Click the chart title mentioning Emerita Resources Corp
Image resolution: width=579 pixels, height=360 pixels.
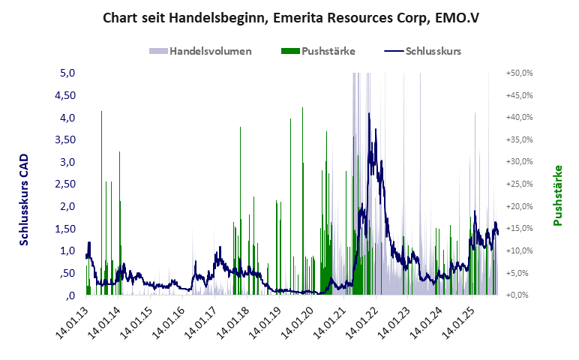(289, 18)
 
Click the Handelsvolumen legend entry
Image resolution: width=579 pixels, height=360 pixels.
(200, 51)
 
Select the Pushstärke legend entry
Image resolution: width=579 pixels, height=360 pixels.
(319, 51)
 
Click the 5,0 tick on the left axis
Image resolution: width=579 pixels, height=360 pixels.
(67, 73)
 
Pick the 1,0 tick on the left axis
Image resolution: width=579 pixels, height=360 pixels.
(67, 250)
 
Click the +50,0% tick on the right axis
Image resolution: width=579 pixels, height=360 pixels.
(519, 73)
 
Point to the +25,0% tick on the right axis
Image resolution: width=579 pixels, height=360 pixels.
(519, 184)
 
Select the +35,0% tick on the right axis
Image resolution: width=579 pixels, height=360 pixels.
(519, 140)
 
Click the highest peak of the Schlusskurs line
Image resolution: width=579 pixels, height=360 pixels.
(369, 114)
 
